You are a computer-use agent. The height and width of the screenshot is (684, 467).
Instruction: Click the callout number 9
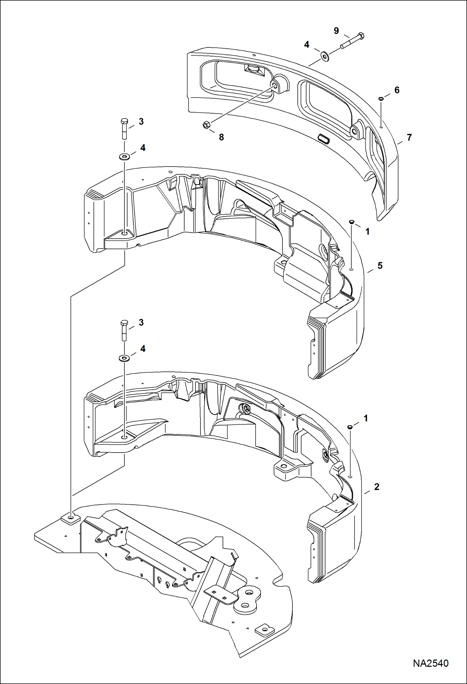pyautogui.click(x=336, y=31)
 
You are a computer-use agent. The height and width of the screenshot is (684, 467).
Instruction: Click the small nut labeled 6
pyautogui.click(x=381, y=99)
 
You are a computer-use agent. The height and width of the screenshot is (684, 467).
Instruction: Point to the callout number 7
pyautogui.click(x=409, y=137)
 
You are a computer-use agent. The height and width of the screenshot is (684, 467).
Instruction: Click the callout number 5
pyautogui.click(x=380, y=266)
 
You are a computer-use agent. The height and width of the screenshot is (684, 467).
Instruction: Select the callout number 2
pyautogui.click(x=377, y=487)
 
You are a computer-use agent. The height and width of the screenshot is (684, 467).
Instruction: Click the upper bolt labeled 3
pyautogui.click(x=124, y=128)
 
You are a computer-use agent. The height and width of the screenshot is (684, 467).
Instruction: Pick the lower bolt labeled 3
pyautogui.click(x=124, y=329)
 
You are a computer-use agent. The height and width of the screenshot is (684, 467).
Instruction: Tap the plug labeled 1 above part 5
pyautogui.click(x=351, y=222)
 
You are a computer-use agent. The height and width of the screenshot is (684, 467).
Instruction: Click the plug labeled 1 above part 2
pyautogui.click(x=350, y=427)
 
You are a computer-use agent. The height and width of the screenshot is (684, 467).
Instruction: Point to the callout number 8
pyautogui.click(x=221, y=137)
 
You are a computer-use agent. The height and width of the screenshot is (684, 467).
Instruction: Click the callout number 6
pyautogui.click(x=397, y=90)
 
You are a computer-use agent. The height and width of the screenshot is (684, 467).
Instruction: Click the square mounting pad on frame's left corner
pyautogui.click(x=71, y=519)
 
